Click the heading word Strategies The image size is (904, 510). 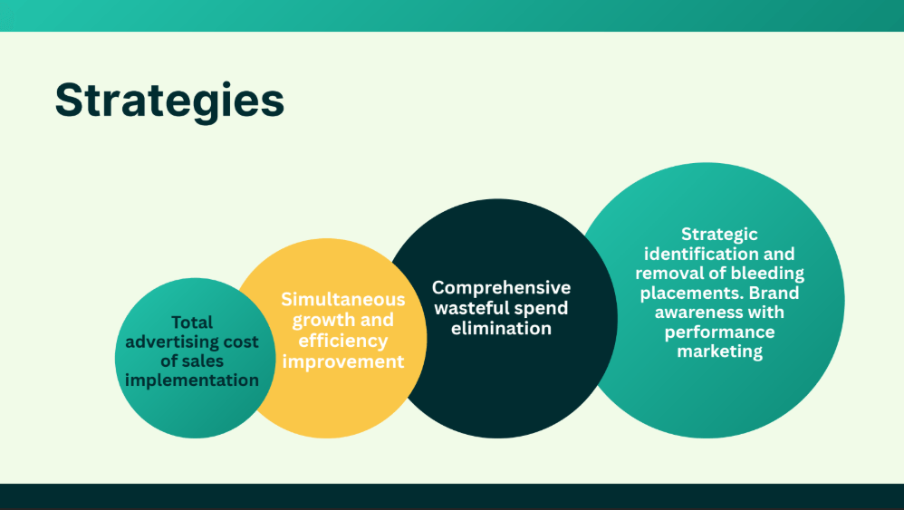point(169,101)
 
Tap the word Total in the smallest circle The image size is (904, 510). point(192,322)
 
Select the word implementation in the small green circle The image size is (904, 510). point(192,380)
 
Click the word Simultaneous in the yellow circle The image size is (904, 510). point(343,300)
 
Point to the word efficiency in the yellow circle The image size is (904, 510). point(343,341)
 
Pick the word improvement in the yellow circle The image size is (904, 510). point(343,362)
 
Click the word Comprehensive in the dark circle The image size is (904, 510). point(502,287)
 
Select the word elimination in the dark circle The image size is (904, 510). point(502,329)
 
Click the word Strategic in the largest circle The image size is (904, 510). point(719,235)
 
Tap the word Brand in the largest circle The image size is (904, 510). point(774,293)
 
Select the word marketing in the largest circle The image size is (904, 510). point(719,351)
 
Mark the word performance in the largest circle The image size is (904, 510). point(719,332)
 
